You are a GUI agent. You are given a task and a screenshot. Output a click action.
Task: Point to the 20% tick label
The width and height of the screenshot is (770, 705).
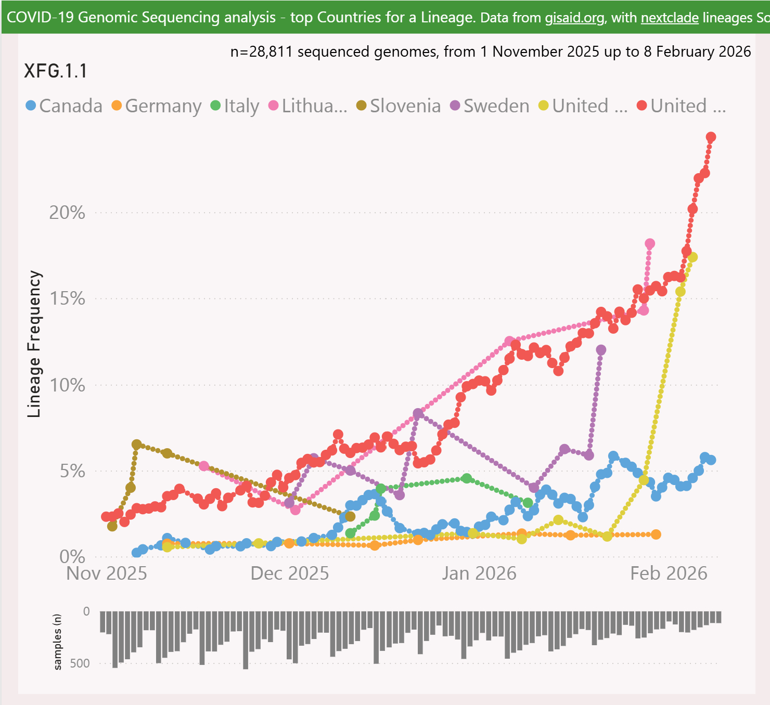point(67,212)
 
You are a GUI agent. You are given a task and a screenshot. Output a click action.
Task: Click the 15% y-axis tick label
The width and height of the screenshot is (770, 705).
point(67,298)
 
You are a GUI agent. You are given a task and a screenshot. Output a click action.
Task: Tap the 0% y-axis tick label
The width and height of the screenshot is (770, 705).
point(72,557)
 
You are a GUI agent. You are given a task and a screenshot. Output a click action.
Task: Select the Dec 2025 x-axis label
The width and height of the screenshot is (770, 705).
point(290,573)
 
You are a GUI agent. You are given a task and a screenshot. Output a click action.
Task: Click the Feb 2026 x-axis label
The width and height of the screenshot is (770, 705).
point(669,573)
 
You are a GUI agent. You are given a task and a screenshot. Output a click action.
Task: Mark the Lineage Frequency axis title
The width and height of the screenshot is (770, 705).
point(34,344)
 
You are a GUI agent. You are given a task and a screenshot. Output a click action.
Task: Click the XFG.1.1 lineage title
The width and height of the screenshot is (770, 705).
point(56,71)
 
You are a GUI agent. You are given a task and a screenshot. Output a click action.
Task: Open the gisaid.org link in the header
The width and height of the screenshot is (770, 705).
point(574,18)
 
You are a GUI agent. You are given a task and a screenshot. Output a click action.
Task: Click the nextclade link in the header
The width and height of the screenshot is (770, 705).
point(670,18)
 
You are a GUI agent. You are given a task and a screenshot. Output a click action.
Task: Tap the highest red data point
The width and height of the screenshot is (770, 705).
point(711,137)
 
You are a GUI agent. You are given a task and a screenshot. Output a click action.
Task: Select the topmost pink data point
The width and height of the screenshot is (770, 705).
point(650,244)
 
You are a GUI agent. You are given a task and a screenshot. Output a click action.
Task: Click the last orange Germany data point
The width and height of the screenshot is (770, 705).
point(656,534)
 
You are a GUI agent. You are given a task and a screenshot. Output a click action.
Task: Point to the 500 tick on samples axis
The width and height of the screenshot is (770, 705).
point(80,663)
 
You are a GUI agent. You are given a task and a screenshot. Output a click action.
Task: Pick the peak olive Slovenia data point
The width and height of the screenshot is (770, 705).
point(136,445)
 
